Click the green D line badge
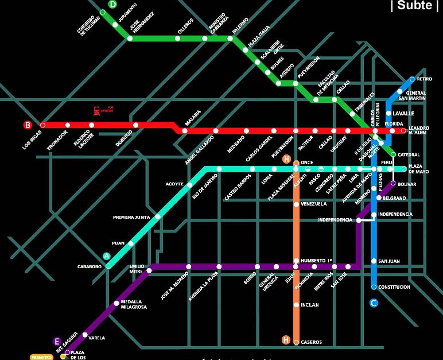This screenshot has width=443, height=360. (x=112, y=4)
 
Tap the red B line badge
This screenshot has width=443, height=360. (x=27, y=125)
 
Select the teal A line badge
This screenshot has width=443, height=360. (x=106, y=256)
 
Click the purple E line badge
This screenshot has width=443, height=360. (x=56, y=341)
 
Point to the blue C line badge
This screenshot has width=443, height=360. (x=374, y=303)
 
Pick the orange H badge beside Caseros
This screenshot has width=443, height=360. (x=286, y=340)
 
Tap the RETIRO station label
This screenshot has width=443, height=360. (x=425, y=79)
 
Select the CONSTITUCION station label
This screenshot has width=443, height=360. (x=394, y=287)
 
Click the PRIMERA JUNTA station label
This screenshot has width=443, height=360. (x=131, y=218)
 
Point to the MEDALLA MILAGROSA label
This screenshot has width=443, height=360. (x=134, y=304)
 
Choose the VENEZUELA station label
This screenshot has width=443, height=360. (x=313, y=204)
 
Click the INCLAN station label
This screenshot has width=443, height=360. (x=309, y=305)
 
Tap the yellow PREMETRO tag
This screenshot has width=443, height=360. (x=42, y=357)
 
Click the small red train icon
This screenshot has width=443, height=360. (x=96, y=109)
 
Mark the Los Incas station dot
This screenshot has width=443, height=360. (x=42, y=125)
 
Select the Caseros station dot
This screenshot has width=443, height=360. (x=296, y=342)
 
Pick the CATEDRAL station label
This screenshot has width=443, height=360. (x=409, y=155)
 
